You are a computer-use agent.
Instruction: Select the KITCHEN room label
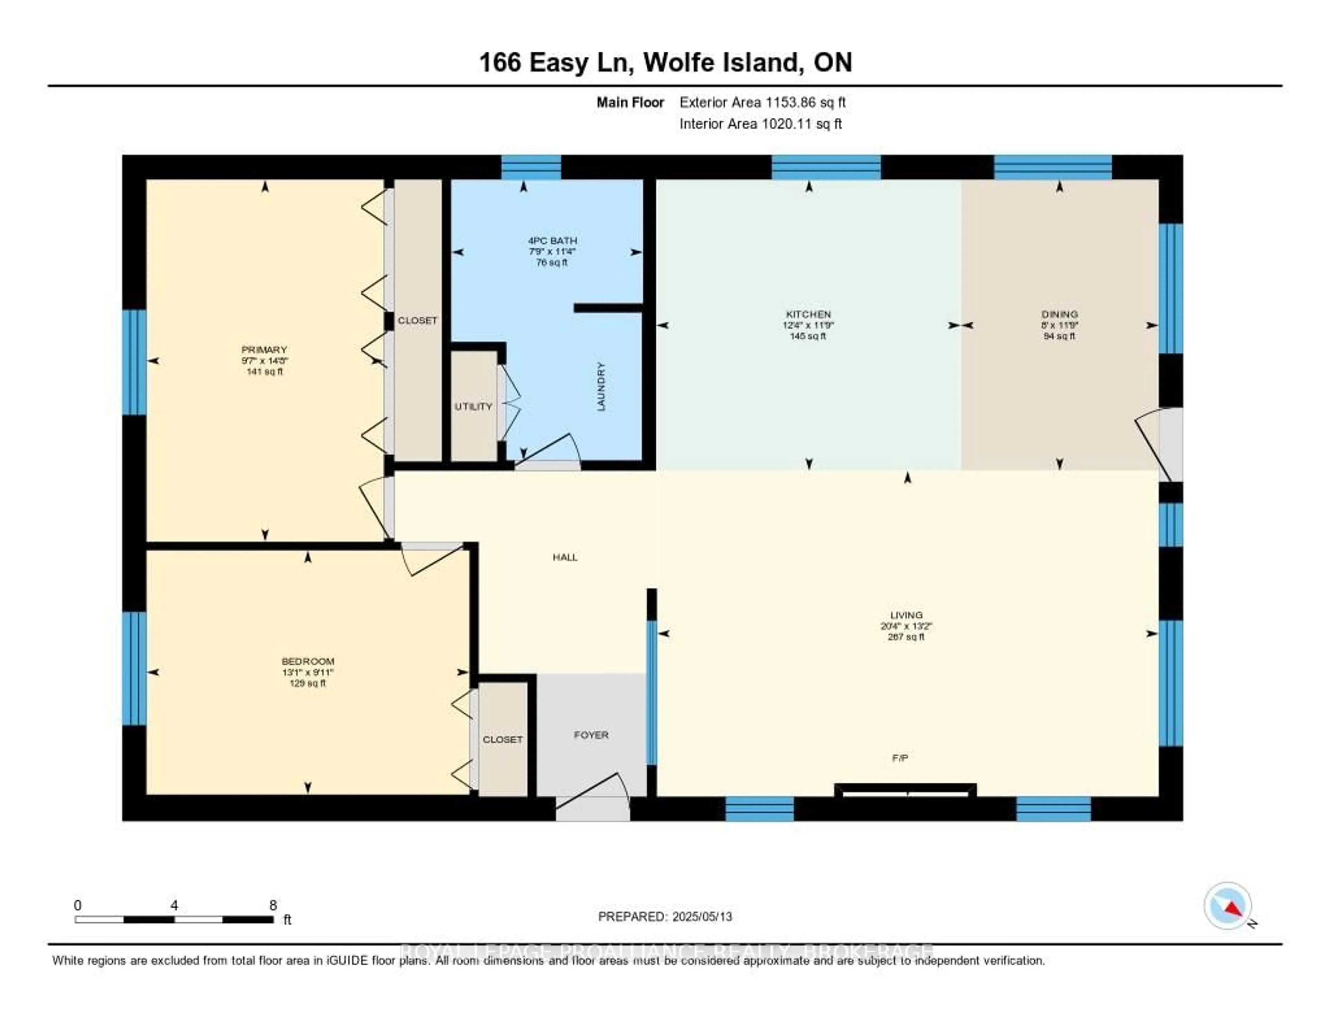(x=808, y=314)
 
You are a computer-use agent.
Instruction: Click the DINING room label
(x=1059, y=314)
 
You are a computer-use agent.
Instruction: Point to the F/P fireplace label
(x=900, y=758)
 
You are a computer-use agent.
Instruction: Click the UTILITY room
(x=473, y=406)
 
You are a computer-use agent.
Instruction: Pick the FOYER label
(x=591, y=735)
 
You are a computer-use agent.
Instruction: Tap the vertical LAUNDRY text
(x=601, y=386)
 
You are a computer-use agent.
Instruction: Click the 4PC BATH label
(x=552, y=240)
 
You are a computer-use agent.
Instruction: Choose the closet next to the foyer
(x=503, y=739)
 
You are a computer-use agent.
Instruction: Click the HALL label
(x=565, y=557)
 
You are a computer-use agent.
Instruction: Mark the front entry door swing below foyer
(x=594, y=797)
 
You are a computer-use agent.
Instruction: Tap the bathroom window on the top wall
(x=531, y=167)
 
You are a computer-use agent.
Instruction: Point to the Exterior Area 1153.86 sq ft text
(x=762, y=102)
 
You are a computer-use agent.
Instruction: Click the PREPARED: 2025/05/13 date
(x=665, y=916)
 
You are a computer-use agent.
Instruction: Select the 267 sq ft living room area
(x=906, y=637)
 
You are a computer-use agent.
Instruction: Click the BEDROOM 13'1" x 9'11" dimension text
(x=308, y=672)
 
